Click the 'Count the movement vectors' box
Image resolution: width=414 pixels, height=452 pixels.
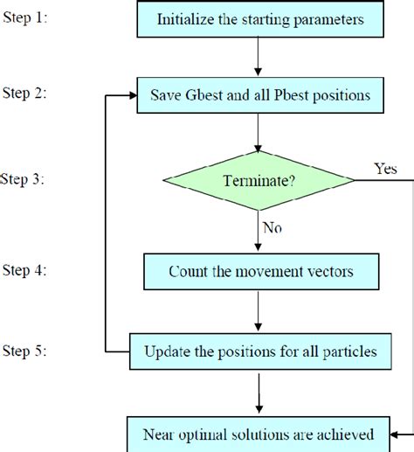[x=260, y=272]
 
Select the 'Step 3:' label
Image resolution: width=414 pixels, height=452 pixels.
[x=23, y=180]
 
